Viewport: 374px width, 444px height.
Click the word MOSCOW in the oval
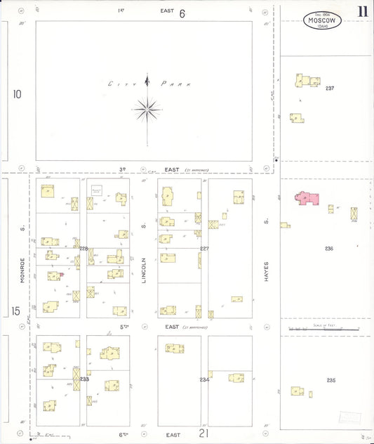tap(323, 21)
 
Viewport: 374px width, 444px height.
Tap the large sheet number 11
tap(362, 11)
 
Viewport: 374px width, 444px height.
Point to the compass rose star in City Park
tap(147, 108)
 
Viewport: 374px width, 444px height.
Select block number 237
tap(330, 89)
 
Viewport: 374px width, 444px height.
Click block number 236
tap(328, 249)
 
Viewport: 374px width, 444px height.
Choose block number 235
tap(330, 380)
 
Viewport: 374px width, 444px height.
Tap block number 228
tap(84, 249)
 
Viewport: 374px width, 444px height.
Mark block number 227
tap(204, 249)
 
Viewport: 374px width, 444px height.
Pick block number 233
tap(84, 379)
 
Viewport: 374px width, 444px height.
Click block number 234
tap(204, 379)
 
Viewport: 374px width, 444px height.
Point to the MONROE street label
tap(23, 254)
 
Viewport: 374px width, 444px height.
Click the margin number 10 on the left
tap(17, 93)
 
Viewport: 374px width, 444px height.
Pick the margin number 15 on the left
tap(15, 311)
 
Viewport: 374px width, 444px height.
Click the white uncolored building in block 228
tap(97, 190)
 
